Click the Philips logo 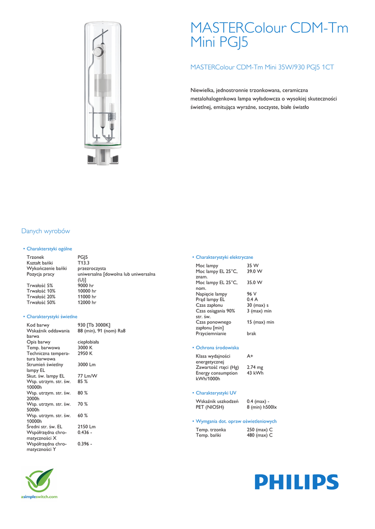(296, 483)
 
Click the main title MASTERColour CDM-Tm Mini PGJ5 (269, 35)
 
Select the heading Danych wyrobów (46, 231)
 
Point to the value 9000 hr (86, 285)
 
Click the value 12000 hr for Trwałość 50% (87, 302)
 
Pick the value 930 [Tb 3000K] (94, 325)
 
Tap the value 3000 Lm (87, 365)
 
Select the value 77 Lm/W (87, 376)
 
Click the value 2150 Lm (87, 427)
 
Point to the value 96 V (252, 294)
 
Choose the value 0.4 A (252, 300)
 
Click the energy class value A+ (250, 356)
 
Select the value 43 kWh (255, 373)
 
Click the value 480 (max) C (260, 435)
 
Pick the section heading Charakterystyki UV (216, 393)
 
